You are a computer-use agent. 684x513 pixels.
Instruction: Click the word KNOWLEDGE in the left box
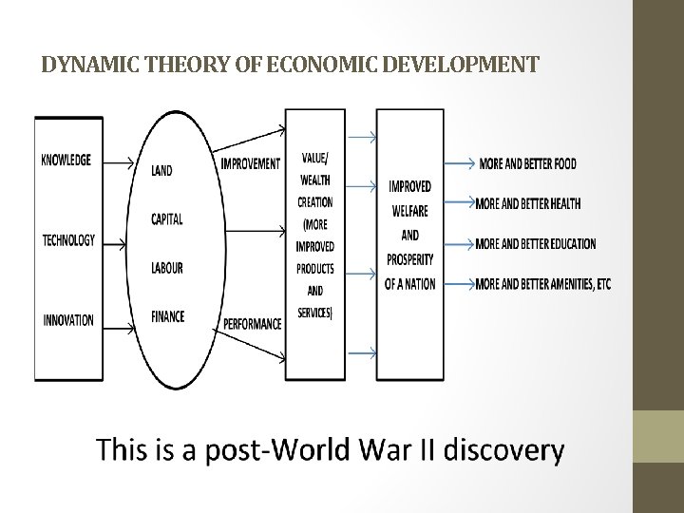click(x=66, y=160)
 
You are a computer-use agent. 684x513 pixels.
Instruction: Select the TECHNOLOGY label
click(x=68, y=240)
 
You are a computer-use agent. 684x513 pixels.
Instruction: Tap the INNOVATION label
click(x=68, y=320)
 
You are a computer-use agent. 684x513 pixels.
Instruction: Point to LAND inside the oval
click(x=161, y=171)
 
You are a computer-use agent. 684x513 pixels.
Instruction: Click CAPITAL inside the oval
click(x=167, y=219)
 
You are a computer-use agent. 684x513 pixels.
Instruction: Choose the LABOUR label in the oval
click(x=167, y=269)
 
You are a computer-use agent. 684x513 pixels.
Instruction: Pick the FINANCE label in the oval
click(x=168, y=316)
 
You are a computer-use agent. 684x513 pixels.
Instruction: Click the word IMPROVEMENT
click(x=251, y=163)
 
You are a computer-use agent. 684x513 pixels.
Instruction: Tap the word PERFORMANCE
click(x=253, y=324)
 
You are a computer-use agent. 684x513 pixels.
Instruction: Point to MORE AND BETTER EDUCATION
click(x=535, y=244)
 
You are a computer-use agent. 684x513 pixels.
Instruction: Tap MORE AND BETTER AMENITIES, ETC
click(x=542, y=284)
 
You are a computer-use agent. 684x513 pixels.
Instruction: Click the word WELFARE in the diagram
click(x=409, y=211)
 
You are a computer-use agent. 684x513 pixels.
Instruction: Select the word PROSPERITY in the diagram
click(x=409, y=259)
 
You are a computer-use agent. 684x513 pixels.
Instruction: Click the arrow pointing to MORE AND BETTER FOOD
click(x=458, y=164)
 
